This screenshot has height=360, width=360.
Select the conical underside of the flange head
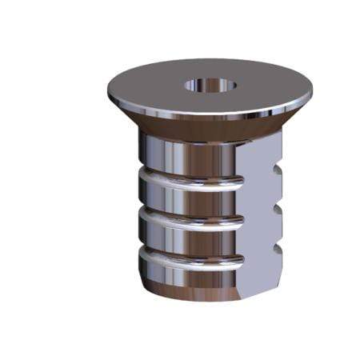click(x=200, y=128)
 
